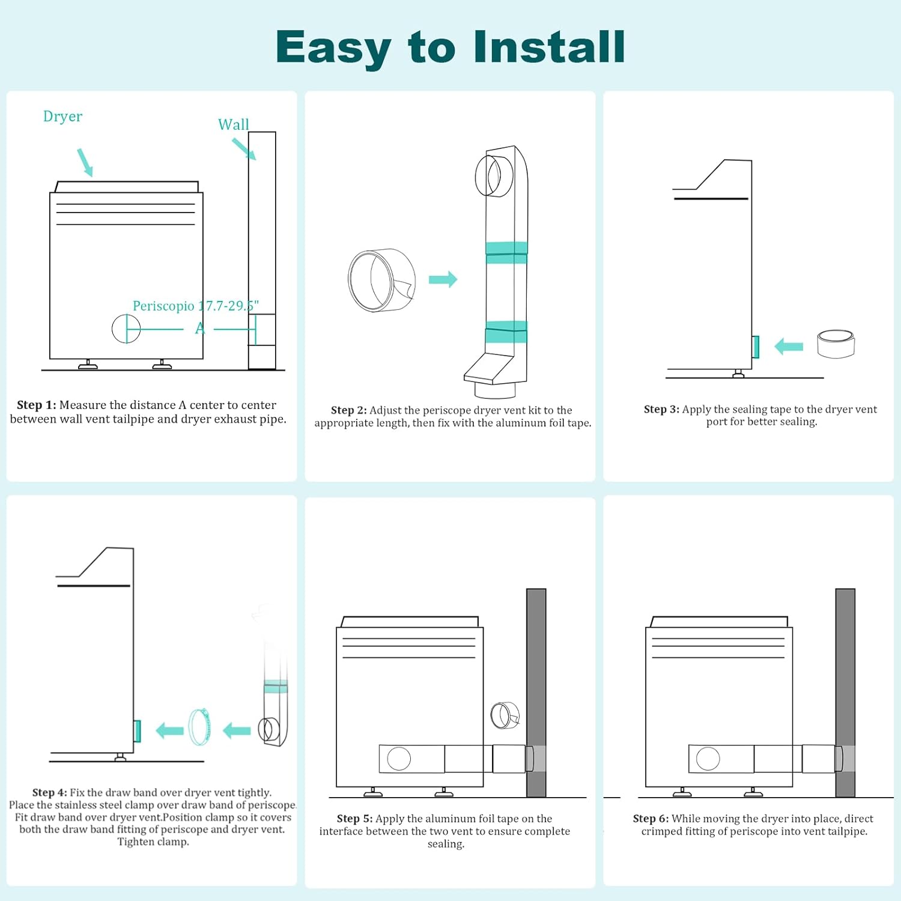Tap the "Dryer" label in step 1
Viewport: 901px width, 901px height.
(62, 117)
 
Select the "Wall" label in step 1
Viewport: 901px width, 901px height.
(233, 124)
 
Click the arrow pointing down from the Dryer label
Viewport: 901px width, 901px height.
(85, 162)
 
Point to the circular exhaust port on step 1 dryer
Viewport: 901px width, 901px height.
(126, 329)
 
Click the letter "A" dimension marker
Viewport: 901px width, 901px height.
(200, 329)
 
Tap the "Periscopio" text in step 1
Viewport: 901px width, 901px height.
(163, 306)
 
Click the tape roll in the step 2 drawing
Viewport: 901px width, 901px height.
(382, 280)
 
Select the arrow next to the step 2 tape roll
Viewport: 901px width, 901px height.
(443, 279)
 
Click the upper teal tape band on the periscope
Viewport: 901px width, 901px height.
(506, 252)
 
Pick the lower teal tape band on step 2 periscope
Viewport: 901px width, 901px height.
(506, 332)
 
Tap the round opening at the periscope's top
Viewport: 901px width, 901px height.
(488, 175)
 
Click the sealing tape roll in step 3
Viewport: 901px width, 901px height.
(836, 344)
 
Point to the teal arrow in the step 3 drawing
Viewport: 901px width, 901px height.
(789, 346)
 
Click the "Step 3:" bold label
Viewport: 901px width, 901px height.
(661, 409)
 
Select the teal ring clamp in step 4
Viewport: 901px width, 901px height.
(200, 727)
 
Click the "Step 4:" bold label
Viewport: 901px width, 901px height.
(50, 792)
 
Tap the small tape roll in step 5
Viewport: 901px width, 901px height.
(505, 715)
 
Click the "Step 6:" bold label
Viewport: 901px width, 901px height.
(651, 818)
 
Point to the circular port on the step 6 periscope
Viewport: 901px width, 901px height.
(708, 759)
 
